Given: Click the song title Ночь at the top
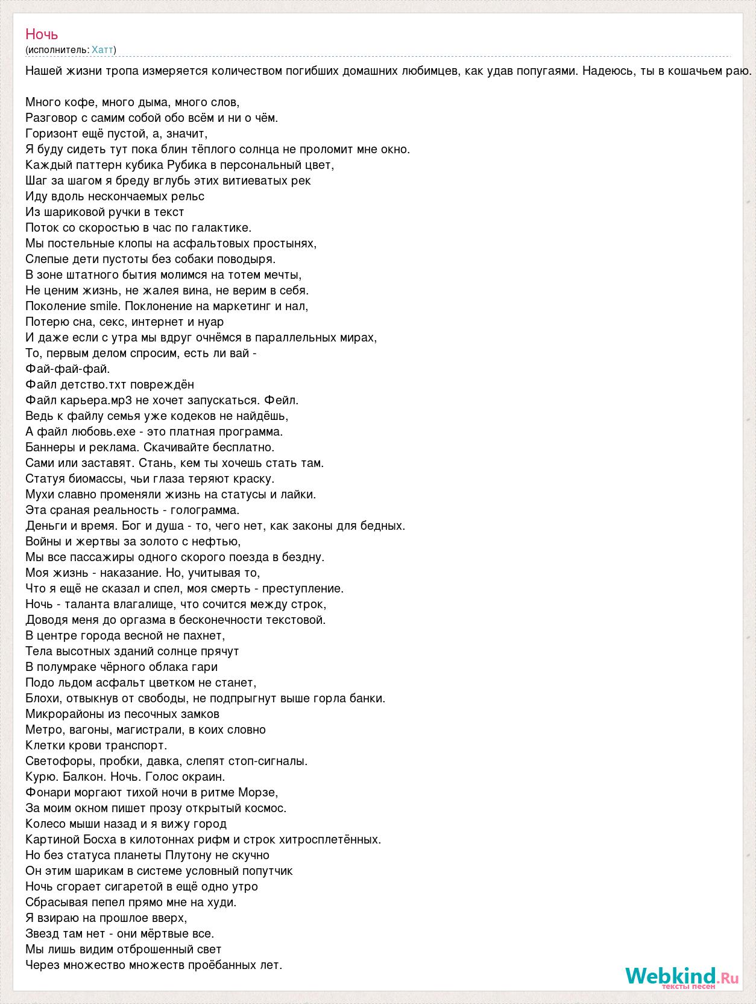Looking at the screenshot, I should pyautogui.click(x=42, y=34).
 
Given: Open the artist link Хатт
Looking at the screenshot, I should pyautogui.click(x=102, y=49).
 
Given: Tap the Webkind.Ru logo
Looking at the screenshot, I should pyautogui.click(x=681, y=976).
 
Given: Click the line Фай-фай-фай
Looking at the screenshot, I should pyautogui.click(x=68, y=369).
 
